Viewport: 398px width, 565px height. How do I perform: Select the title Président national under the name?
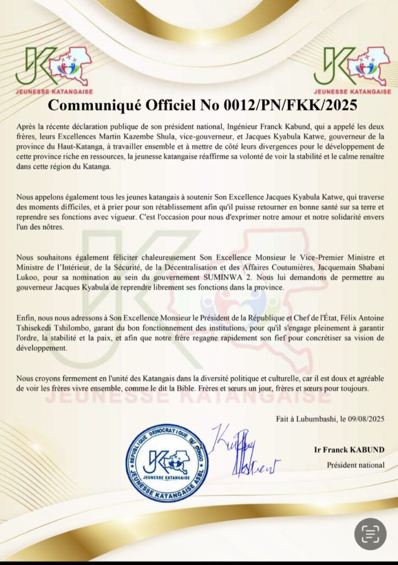click(x=356, y=465)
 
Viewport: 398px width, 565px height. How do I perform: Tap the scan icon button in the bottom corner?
click(x=370, y=533)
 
